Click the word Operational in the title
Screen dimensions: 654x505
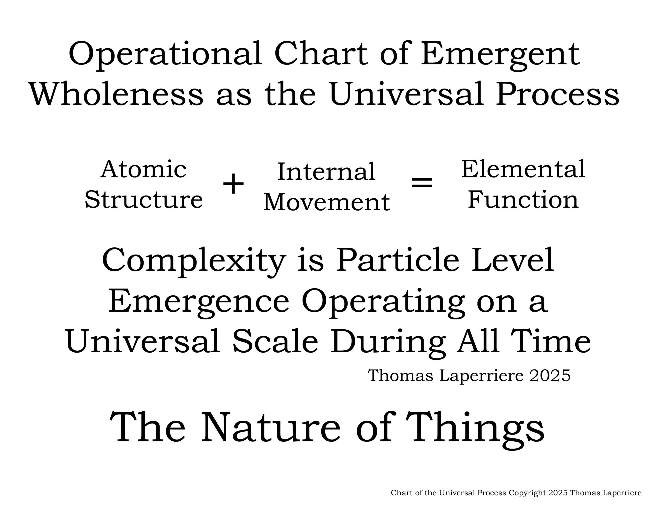pyautogui.click(x=166, y=55)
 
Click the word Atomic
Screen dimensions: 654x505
pyautogui.click(x=144, y=169)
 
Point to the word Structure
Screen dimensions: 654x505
pyautogui.click(x=144, y=199)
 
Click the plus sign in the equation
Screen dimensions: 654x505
pyautogui.click(x=233, y=184)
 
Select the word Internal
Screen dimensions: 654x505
pyautogui.click(x=326, y=172)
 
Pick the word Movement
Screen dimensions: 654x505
pyautogui.click(x=327, y=202)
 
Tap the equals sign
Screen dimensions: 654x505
pyautogui.click(x=422, y=182)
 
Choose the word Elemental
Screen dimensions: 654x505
pyautogui.click(x=523, y=169)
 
